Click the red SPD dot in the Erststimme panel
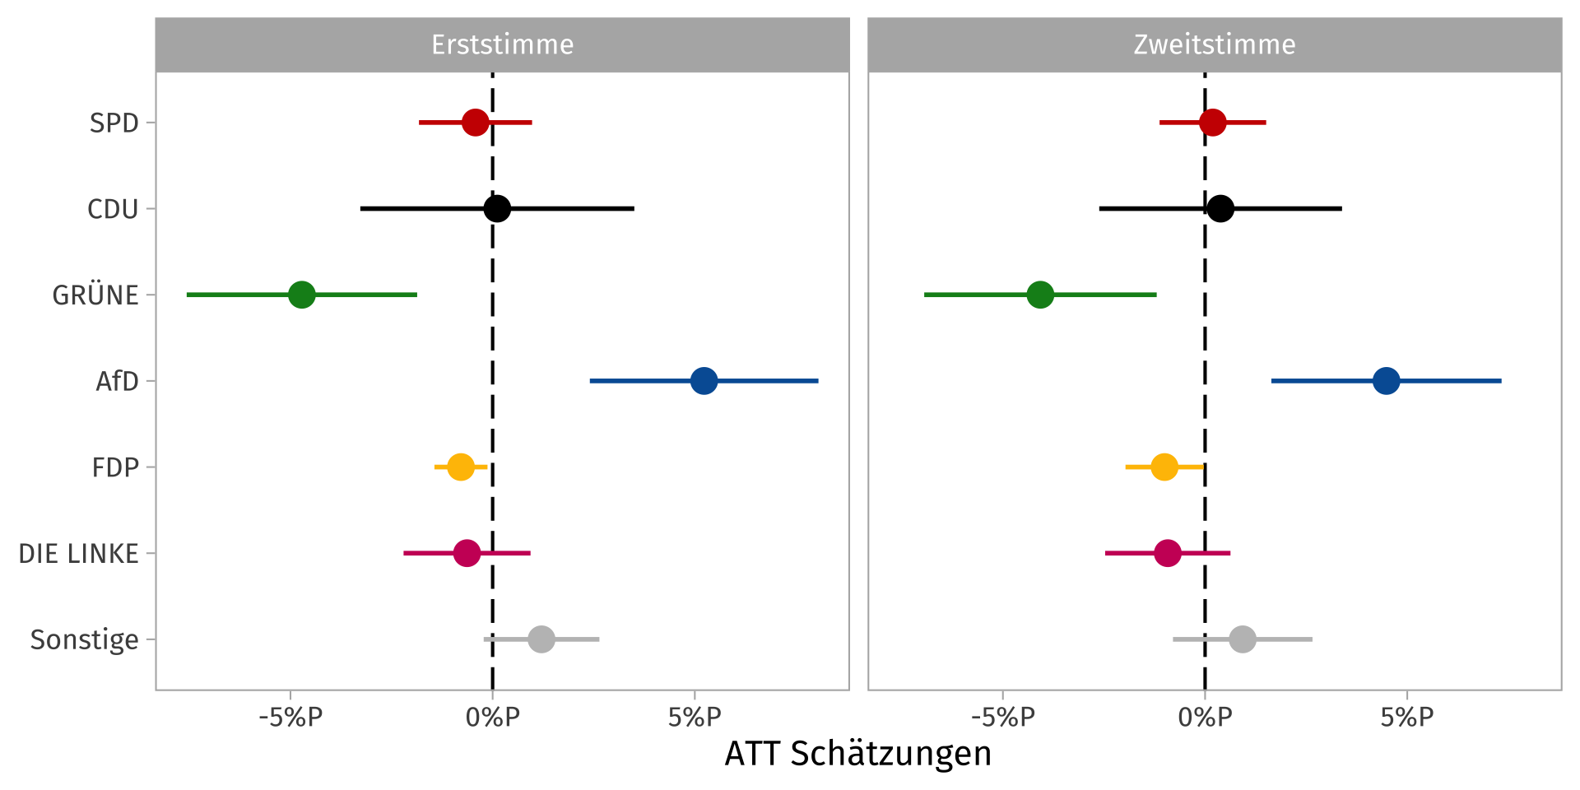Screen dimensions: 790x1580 (475, 123)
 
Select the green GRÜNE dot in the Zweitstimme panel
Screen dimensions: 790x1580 (1040, 295)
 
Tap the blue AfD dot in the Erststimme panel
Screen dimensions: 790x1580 (704, 381)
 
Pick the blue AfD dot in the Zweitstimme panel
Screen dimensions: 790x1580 (1386, 381)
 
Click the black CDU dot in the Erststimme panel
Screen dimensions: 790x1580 (497, 209)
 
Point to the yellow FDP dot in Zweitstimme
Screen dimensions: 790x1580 (1164, 467)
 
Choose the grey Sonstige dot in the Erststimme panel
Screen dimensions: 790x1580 (541, 639)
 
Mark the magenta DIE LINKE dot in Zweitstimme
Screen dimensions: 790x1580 (1167, 553)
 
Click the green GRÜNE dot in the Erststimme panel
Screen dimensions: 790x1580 (302, 295)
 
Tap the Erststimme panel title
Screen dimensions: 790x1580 (502, 44)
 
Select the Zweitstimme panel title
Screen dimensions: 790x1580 (1214, 44)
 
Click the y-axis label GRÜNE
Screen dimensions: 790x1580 (95, 295)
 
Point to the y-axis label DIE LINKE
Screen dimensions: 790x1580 (78, 554)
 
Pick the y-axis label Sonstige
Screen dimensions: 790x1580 (84, 640)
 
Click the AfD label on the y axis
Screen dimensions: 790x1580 (117, 382)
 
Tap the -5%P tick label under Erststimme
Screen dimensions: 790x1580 (290, 718)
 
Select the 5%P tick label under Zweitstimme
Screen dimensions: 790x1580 (1406, 718)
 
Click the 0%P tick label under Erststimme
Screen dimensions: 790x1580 (492, 718)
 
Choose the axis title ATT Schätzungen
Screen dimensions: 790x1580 (857, 754)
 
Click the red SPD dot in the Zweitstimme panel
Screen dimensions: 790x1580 (1212, 123)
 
